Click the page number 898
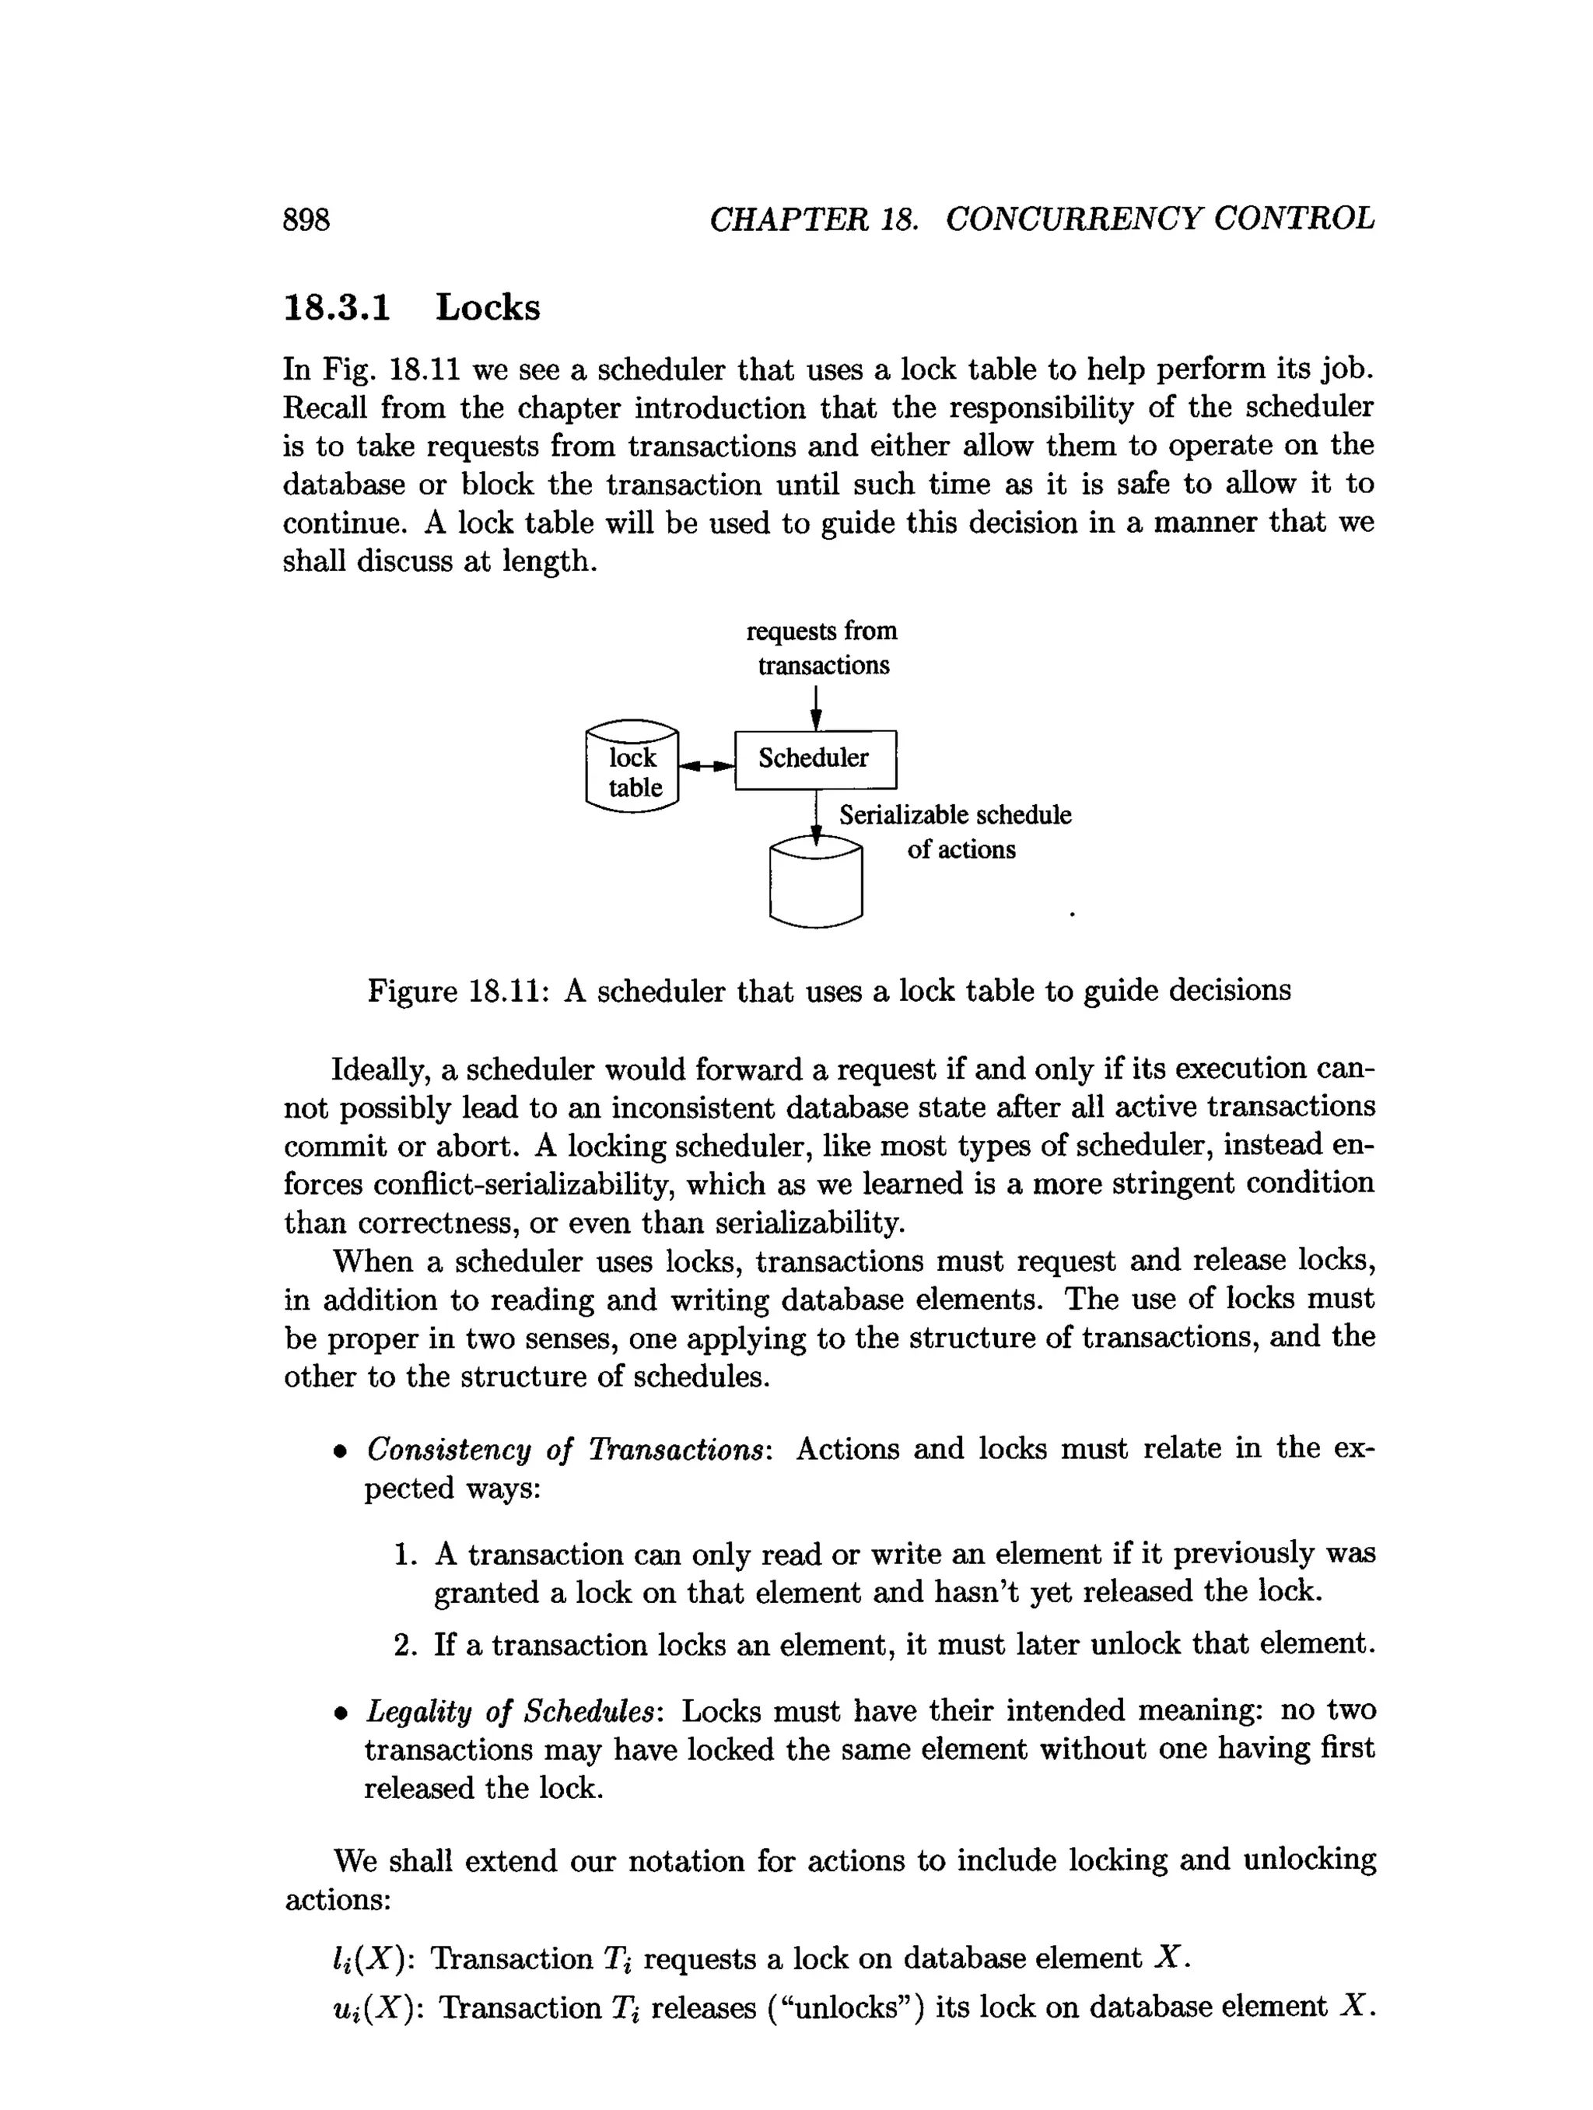click(x=306, y=219)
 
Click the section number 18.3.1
click(x=338, y=308)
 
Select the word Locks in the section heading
click(x=488, y=308)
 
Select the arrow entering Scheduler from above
click(x=816, y=708)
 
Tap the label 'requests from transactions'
click(x=822, y=648)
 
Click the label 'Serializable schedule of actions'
click(x=955, y=831)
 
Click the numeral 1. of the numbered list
click(x=405, y=1555)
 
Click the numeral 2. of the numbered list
click(x=405, y=1644)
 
